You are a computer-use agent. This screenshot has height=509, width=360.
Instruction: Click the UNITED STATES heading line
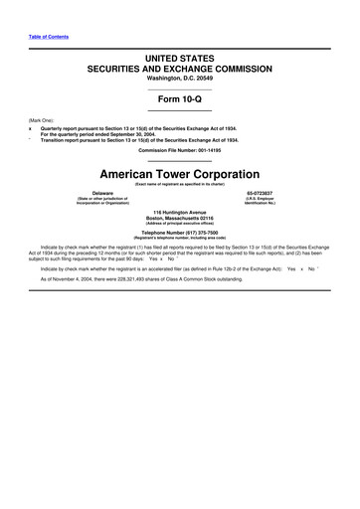click(180, 61)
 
